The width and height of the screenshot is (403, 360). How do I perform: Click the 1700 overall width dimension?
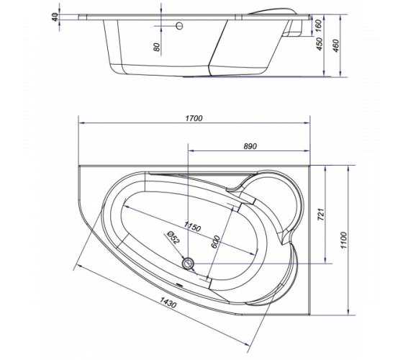point(194,118)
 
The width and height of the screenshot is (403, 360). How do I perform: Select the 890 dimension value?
point(250,146)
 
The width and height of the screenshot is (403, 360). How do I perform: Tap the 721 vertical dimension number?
point(321,215)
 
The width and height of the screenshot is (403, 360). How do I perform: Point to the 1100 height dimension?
point(344,240)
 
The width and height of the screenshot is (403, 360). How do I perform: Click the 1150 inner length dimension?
point(192,227)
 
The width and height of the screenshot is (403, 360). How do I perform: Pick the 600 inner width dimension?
point(215,242)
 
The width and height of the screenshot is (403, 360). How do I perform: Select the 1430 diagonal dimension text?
point(168,302)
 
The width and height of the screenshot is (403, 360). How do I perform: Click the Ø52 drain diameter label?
point(173,238)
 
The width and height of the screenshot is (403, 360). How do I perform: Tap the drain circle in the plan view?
point(189,264)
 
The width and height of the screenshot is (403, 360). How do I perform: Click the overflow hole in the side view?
point(179,26)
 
